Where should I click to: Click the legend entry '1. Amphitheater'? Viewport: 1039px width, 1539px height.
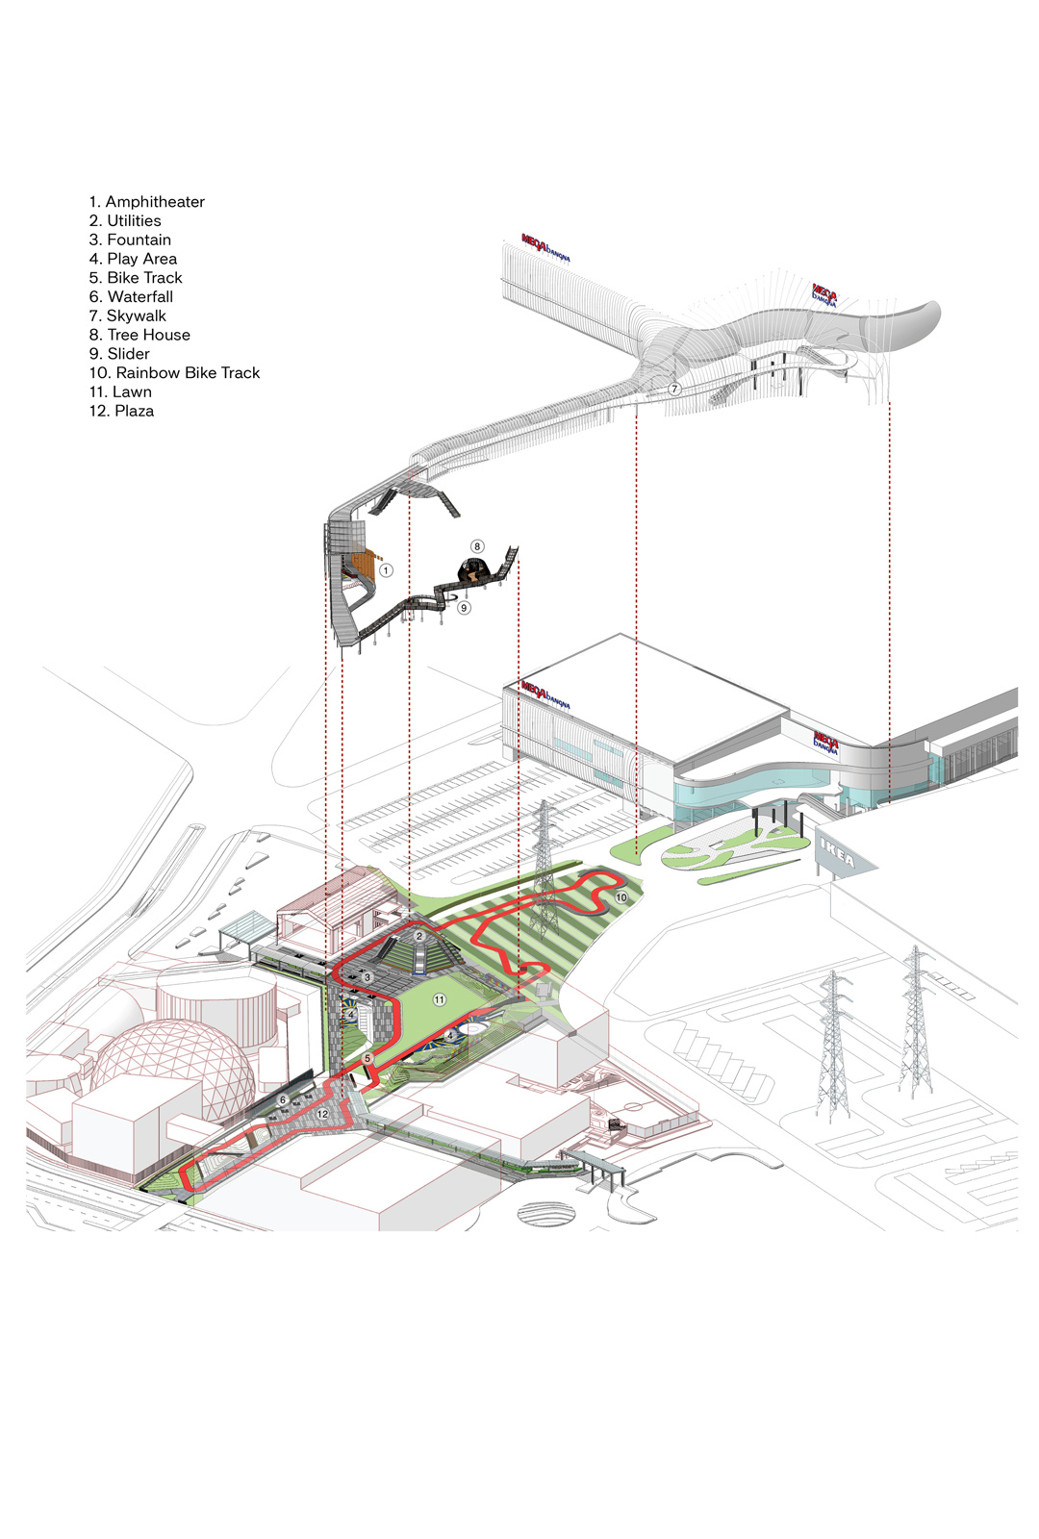(146, 202)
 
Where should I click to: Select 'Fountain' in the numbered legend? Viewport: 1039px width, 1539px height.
(130, 240)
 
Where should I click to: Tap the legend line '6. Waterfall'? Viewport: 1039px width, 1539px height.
(131, 297)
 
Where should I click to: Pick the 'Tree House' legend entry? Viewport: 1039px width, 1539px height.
(139, 335)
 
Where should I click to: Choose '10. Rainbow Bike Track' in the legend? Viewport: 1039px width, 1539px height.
(174, 373)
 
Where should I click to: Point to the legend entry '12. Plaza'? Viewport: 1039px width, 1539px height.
(121, 411)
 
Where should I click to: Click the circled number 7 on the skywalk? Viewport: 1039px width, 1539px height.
(674, 390)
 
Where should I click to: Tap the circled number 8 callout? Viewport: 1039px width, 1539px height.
(477, 546)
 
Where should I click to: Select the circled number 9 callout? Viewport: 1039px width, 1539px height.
(465, 608)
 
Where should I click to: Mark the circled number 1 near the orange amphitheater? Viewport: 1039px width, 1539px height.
(386, 570)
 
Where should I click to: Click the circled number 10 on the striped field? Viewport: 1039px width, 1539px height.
(621, 897)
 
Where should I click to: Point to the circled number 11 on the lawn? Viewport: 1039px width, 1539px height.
(440, 1000)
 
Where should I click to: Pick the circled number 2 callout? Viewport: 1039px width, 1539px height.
(419, 936)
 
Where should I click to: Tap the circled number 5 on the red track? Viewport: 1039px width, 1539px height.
(367, 1058)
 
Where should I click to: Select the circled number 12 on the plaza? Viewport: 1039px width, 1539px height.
(323, 1114)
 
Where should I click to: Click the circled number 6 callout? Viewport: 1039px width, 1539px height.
(283, 1099)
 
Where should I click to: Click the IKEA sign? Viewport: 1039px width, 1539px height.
(837, 852)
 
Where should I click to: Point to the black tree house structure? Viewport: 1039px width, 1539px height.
(472, 571)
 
